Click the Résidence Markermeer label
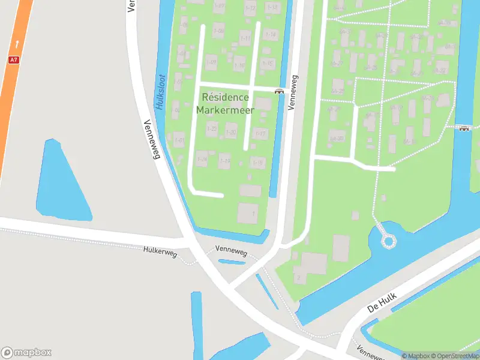[x=225, y=103]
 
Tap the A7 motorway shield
[x=13, y=60]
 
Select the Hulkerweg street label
[x=160, y=253]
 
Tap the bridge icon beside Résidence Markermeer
[x=279, y=91]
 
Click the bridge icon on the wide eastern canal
[x=464, y=128]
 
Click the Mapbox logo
[x=26, y=352]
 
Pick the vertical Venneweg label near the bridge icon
[x=293, y=92]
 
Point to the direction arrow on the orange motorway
[x=17, y=43]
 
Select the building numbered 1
[x=248, y=213]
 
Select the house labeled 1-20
[x=231, y=133]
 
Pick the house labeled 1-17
[x=260, y=133]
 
